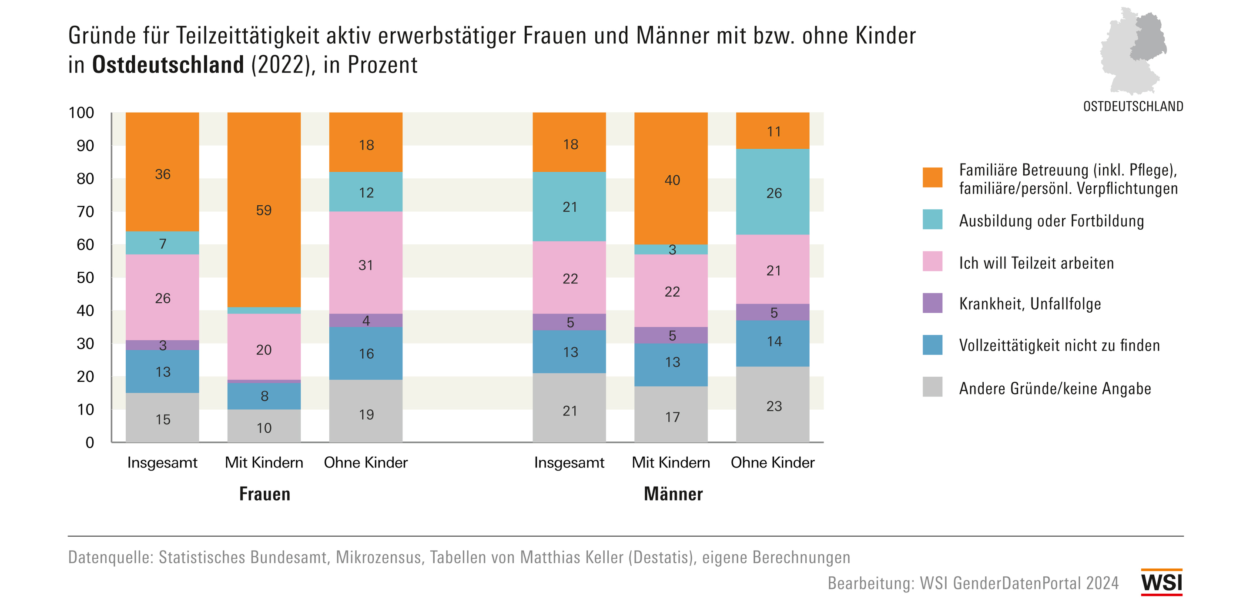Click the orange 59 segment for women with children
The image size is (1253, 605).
pyautogui.click(x=264, y=210)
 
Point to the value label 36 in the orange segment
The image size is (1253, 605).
pyautogui.click(x=162, y=174)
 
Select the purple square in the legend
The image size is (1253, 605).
pyautogui.click(x=932, y=303)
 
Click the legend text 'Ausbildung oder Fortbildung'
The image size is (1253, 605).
pyautogui.click(x=1051, y=221)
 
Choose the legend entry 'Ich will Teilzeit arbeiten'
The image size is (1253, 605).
pyautogui.click(x=1036, y=263)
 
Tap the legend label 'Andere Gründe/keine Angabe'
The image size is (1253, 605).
pyautogui.click(x=1055, y=388)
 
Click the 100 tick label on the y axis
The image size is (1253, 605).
pyautogui.click(x=81, y=113)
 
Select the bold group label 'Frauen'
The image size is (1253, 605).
pyautogui.click(x=265, y=494)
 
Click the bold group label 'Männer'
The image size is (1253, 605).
pyautogui.click(x=673, y=494)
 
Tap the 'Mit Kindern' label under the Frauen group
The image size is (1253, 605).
pyautogui.click(x=264, y=462)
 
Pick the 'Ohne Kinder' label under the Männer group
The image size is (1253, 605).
pyautogui.click(x=772, y=462)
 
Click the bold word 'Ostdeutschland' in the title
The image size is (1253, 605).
pyautogui.click(x=168, y=65)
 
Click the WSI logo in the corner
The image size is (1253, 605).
pyautogui.click(x=1162, y=582)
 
